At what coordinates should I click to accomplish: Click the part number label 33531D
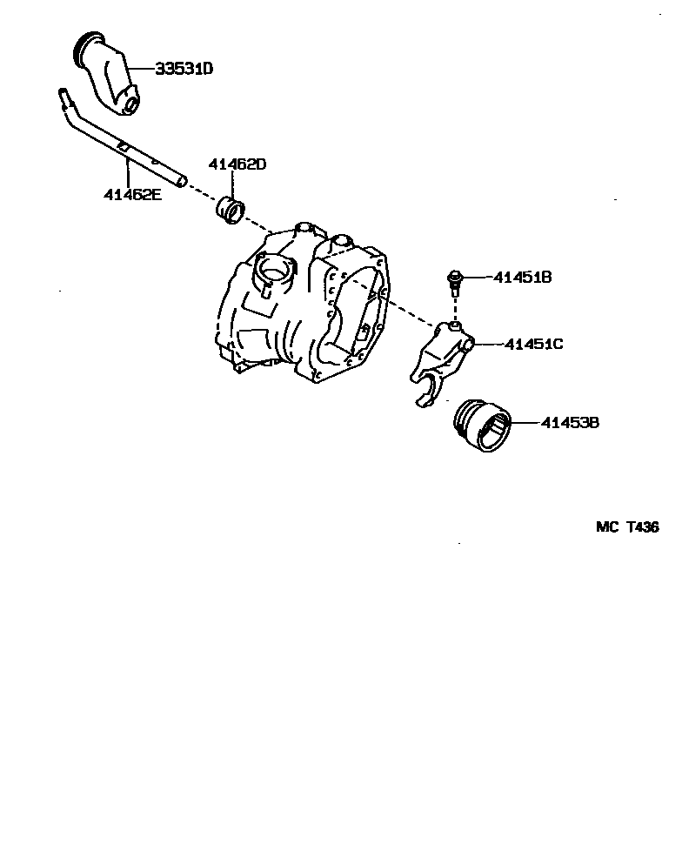point(184,68)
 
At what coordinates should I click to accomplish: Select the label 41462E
point(133,195)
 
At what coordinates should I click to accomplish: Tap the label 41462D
point(237,164)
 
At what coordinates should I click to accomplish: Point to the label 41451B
point(523,278)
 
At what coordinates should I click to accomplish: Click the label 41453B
point(569,423)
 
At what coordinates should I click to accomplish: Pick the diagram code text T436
point(642,527)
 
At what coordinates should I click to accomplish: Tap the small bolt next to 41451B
point(453,279)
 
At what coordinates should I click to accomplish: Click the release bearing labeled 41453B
point(483,425)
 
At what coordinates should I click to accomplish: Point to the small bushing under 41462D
point(231,211)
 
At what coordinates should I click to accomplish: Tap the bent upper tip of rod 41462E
point(64,94)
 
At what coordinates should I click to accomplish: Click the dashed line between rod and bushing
point(201,192)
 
